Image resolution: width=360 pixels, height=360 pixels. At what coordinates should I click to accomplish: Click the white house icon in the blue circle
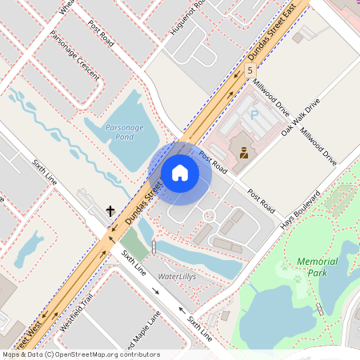click(180, 173)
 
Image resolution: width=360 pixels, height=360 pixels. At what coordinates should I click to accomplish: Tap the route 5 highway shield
click(250, 70)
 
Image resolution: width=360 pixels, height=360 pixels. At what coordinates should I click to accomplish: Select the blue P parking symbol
click(255, 115)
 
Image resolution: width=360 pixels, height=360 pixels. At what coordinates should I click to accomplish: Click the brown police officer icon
click(243, 150)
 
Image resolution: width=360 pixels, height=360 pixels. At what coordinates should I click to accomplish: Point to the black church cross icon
click(111, 211)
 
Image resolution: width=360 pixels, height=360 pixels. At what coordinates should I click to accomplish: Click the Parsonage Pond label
click(125, 131)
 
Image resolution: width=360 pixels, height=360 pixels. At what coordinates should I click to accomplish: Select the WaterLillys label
click(176, 276)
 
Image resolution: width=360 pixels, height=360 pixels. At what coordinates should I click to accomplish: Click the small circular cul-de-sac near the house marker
click(209, 215)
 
